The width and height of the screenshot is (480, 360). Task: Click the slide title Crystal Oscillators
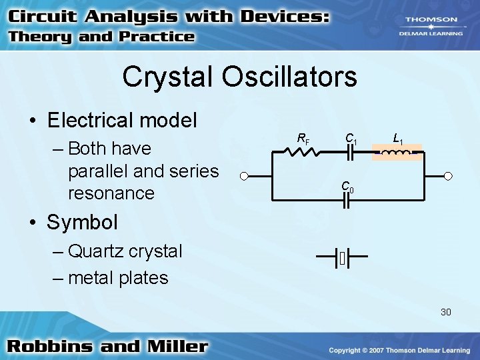click(x=239, y=77)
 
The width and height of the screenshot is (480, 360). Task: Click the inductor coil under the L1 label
click(x=397, y=153)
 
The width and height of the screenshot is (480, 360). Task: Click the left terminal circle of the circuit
click(x=245, y=177)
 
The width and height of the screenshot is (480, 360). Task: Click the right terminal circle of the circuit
click(x=449, y=177)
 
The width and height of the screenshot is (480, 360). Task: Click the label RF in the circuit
click(x=303, y=139)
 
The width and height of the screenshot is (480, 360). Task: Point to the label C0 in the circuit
click(x=347, y=187)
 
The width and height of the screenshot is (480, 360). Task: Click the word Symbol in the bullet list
click(x=82, y=221)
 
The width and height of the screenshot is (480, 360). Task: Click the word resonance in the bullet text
click(x=111, y=193)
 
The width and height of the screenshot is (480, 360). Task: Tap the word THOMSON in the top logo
click(x=437, y=20)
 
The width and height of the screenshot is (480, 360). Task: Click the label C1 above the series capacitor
click(x=351, y=139)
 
